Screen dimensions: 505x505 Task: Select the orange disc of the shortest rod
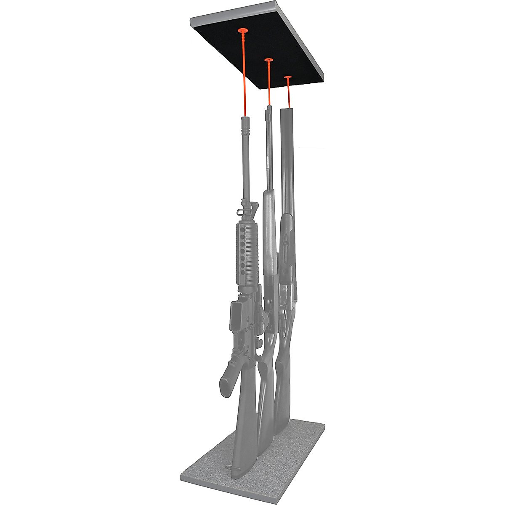pyautogui.click(x=288, y=77)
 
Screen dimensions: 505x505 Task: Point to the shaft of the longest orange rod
pyautogui.click(x=244, y=76)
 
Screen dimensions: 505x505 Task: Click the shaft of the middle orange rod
pyautogui.click(x=268, y=84)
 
